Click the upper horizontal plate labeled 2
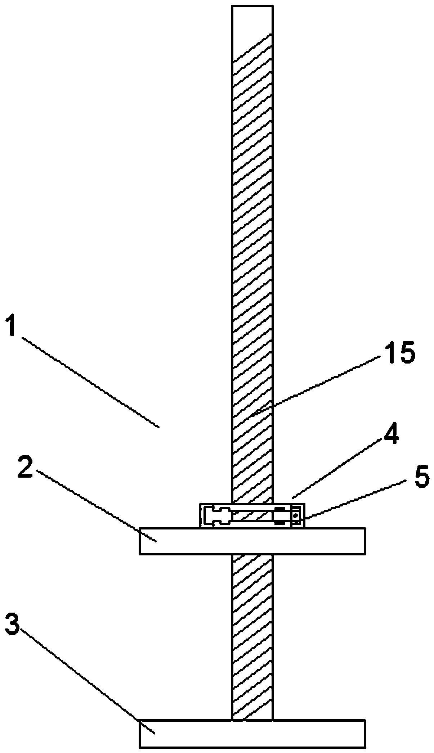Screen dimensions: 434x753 pos(252,541)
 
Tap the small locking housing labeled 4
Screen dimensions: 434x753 pos(252,515)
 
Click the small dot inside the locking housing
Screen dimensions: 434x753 pos(296,516)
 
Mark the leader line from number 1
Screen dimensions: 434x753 pos(90,382)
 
